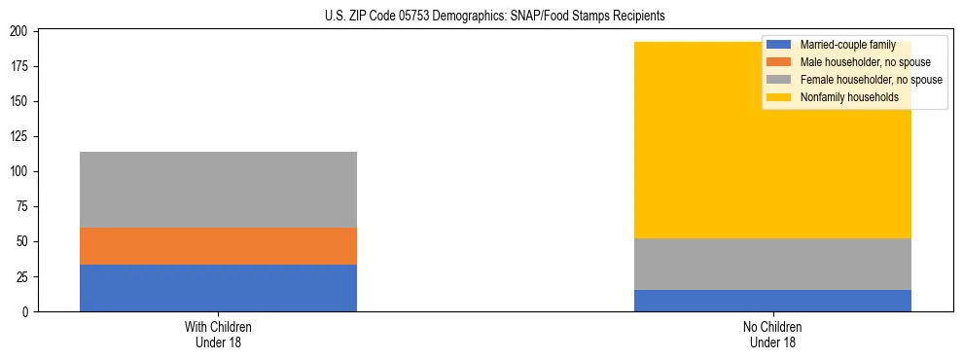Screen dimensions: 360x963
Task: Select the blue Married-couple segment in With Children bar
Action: (218, 288)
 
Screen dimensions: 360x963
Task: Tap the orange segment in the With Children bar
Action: (218, 246)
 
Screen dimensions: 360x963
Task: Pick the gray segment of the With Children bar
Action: (218, 190)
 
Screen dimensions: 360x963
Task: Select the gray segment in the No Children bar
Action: (772, 264)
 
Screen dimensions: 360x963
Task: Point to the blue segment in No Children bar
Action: (772, 301)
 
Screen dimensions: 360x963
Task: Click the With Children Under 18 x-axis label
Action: (218, 334)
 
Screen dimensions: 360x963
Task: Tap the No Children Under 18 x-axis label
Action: (772, 334)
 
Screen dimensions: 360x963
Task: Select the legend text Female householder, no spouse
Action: (871, 80)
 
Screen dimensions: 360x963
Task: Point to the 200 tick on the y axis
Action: (18, 31)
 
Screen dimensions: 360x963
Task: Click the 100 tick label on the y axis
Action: (18, 171)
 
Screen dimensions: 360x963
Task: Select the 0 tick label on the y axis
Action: (24, 311)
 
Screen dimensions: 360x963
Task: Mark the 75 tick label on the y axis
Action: (21, 206)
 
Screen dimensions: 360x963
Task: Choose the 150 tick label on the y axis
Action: (18, 101)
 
